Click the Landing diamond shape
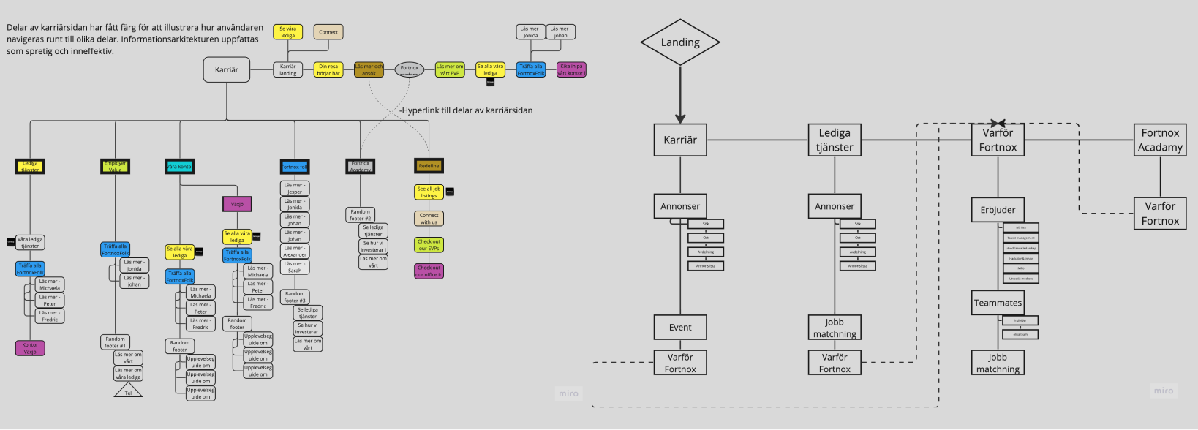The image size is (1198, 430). tap(680, 42)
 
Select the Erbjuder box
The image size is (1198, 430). tap(998, 210)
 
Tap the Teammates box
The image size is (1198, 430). tap(998, 303)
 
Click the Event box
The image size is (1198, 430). tap(680, 328)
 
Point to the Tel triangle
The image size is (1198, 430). tap(128, 392)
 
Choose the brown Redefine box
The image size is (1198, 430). tap(429, 166)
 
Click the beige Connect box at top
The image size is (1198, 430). tap(328, 32)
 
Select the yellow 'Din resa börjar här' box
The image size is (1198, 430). tap(328, 69)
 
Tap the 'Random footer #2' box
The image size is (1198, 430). tap(360, 215)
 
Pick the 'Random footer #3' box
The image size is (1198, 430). tap(295, 297)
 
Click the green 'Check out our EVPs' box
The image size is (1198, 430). tap(429, 245)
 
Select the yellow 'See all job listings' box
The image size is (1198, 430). tap(429, 192)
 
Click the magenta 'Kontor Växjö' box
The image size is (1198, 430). tap(30, 348)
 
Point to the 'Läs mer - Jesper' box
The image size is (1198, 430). tap(295, 189)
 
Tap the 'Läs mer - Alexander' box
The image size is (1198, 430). tap(295, 252)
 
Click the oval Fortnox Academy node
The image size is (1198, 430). tap(410, 69)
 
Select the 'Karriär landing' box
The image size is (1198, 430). tap(288, 69)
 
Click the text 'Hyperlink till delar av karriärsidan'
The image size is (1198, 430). tap(467, 110)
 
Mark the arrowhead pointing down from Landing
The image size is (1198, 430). tap(680, 118)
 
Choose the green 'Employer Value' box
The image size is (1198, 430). tap(115, 167)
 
